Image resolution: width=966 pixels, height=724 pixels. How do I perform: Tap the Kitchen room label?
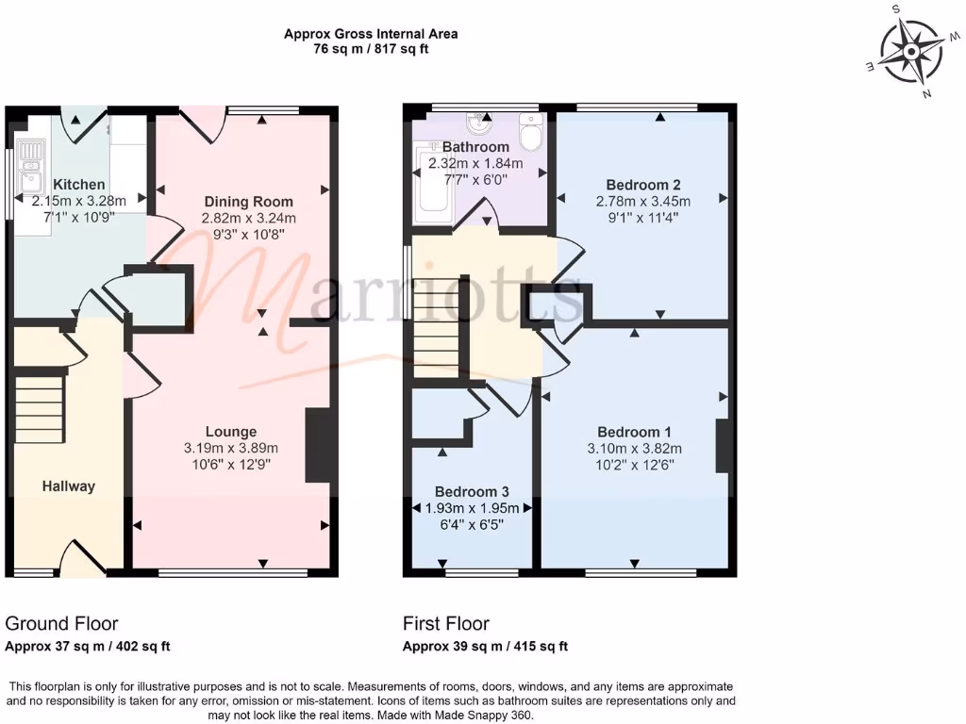tap(79, 185)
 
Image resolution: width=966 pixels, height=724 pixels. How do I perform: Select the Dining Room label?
tap(249, 202)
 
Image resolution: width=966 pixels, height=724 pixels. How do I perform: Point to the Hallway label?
tap(68, 486)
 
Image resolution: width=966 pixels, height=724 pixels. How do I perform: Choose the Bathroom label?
tap(475, 147)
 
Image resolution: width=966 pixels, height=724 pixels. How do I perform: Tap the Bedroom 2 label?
tap(643, 185)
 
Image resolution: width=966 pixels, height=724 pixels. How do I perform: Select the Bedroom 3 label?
tap(472, 492)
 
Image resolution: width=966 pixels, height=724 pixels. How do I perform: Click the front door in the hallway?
tap(83, 560)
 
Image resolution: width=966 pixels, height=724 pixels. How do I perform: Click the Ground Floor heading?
tap(61, 623)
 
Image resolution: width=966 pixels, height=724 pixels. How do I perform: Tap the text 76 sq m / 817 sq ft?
tap(371, 49)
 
